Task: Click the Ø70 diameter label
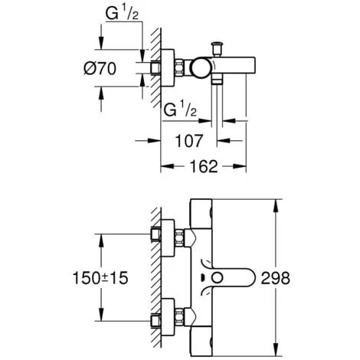(x=120, y=68)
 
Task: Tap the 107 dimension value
(x=188, y=140)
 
